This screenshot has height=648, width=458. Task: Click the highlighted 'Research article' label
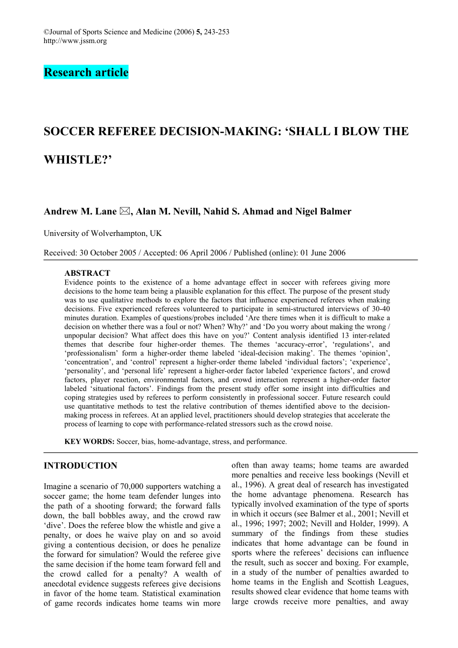coord(86,73)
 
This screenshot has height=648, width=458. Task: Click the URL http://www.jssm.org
coord(75,41)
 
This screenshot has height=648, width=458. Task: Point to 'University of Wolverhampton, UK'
coord(102,234)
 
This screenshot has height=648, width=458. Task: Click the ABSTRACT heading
coord(87,273)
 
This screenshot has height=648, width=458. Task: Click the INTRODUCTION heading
coord(80,465)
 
